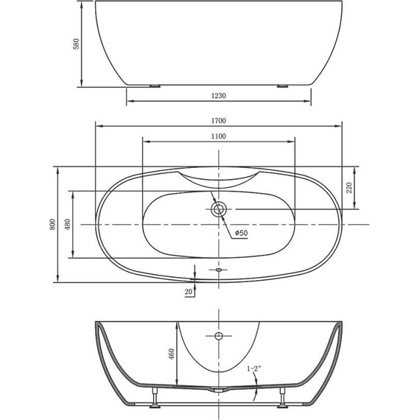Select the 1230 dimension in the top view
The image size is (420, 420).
click(x=218, y=95)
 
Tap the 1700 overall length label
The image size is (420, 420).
click(x=218, y=120)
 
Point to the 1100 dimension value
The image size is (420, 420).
click(x=218, y=136)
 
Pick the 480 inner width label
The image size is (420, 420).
click(x=68, y=225)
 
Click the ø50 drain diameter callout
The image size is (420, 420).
click(x=240, y=234)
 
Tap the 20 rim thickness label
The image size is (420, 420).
click(x=189, y=293)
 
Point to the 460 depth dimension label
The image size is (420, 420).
click(x=171, y=354)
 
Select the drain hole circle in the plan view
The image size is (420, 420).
click(x=218, y=210)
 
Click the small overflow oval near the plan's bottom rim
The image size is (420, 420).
click(x=218, y=270)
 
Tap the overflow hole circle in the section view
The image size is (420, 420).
click(x=218, y=337)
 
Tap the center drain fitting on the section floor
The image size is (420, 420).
click(x=219, y=388)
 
